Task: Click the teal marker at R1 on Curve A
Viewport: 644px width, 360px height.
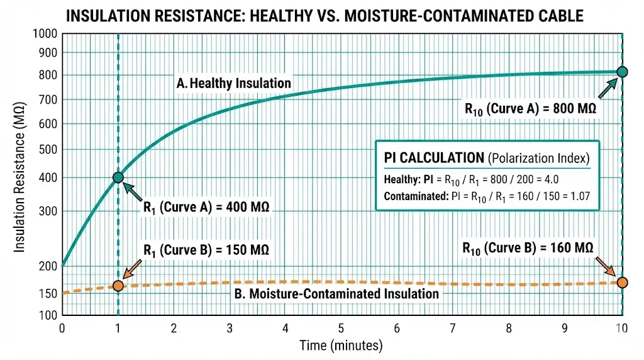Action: pyautogui.click(x=118, y=177)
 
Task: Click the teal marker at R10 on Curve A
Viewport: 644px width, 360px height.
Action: pyautogui.click(x=622, y=72)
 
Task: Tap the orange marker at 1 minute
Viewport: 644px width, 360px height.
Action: pyautogui.click(x=118, y=286)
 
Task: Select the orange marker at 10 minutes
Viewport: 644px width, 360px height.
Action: pyautogui.click(x=622, y=282)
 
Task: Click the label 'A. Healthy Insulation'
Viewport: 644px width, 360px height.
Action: pyautogui.click(x=235, y=83)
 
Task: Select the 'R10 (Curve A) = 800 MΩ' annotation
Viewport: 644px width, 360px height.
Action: pyautogui.click(x=530, y=108)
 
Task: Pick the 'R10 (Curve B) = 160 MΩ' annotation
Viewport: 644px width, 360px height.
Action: pyautogui.click(x=528, y=247)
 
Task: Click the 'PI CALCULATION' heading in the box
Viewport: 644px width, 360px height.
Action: pyautogui.click(x=433, y=157)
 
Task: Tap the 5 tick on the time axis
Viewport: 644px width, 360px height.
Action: pyautogui.click(x=341, y=328)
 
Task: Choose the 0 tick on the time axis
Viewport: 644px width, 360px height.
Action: pyautogui.click(x=62, y=328)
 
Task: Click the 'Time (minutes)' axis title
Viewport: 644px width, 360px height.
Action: pyautogui.click(x=341, y=345)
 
